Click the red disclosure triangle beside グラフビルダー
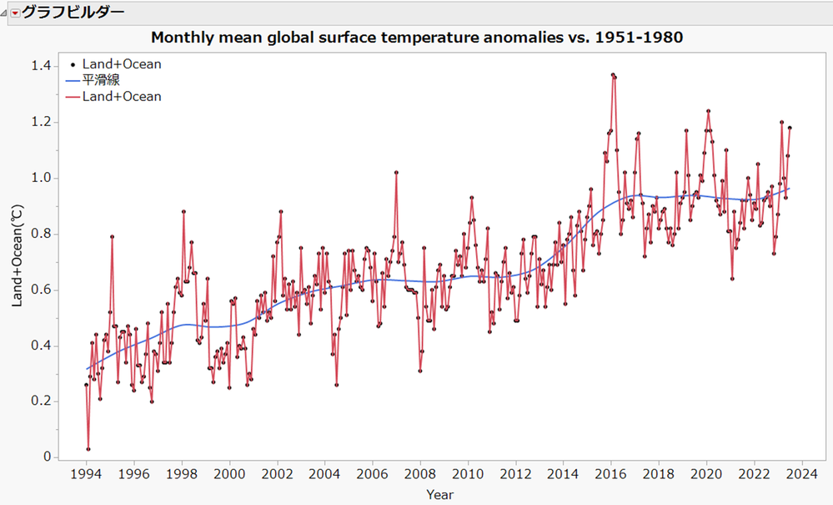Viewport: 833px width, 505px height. [14, 13]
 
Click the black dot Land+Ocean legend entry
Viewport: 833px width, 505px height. [116, 64]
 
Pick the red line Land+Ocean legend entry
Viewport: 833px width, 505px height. [116, 97]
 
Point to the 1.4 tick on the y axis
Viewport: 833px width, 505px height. [43, 66]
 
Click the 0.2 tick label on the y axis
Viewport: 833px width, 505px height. [43, 401]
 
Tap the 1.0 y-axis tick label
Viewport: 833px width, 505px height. [43, 178]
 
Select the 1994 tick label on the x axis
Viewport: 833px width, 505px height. [86, 475]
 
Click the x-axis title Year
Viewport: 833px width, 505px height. [440, 495]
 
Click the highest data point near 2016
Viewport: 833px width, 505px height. [613, 74]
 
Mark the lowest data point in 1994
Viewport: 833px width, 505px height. [88, 449]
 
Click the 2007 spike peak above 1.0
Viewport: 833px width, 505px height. [396, 173]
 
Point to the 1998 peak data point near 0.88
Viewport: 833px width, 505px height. [183, 211]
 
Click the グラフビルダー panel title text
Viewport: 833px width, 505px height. [73, 13]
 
